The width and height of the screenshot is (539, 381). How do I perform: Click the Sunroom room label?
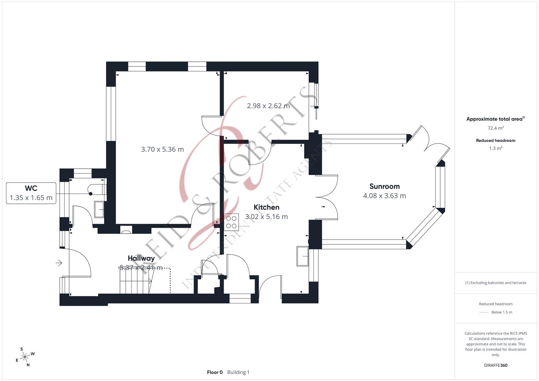click(384, 186)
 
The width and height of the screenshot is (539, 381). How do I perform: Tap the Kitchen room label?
click(266, 207)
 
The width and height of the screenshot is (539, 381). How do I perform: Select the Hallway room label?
click(141, 258)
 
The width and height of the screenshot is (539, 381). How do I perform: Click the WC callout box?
click(31, 193)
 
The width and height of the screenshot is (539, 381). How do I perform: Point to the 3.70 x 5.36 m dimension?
click(162, 149)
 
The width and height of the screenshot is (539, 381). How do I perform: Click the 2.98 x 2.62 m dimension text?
click(268, 106)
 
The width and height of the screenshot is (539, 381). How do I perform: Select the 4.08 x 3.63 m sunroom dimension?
click(384, 196)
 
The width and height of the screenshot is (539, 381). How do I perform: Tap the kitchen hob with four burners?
click(232, 222)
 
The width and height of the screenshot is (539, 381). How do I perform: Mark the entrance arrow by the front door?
click(59, 263)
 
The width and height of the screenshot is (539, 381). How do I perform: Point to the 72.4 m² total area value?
click(496, 128)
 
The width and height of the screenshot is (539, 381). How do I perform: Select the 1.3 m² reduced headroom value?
click(496, 149)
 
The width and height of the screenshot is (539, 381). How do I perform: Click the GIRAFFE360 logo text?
click(496, 365)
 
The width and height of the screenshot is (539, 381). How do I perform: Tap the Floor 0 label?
click(215, 372)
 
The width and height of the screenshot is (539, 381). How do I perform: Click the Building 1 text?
click(238, 372)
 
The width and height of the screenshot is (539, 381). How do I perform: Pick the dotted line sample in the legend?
click(484, 312)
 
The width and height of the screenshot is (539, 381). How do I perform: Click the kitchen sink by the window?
click(303, 256)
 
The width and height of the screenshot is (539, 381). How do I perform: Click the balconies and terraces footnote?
click(496, 283)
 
